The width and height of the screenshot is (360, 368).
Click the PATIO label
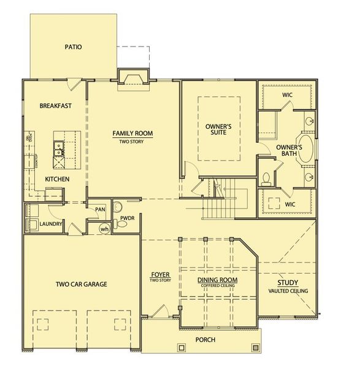tap(72, 47)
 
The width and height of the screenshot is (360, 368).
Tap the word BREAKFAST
tap(56, 105)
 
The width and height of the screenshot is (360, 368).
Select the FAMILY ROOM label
tap(132, 133)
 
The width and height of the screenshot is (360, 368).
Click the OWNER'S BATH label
tap(289, 151)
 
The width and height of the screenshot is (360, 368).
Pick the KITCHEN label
tap(56, 179)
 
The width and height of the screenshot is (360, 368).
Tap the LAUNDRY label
tap(51, 224)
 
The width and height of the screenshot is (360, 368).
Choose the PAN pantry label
tap(98, 210)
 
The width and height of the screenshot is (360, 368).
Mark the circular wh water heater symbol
tap(105, 229)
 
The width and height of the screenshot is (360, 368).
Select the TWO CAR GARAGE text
tap(82, 284)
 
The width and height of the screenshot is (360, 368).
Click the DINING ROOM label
tap(217, 280)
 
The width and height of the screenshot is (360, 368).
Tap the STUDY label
tap(288, 283)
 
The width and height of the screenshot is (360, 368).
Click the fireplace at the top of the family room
tap(134, 77)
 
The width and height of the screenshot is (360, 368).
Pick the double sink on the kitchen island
tap(58, 148)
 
